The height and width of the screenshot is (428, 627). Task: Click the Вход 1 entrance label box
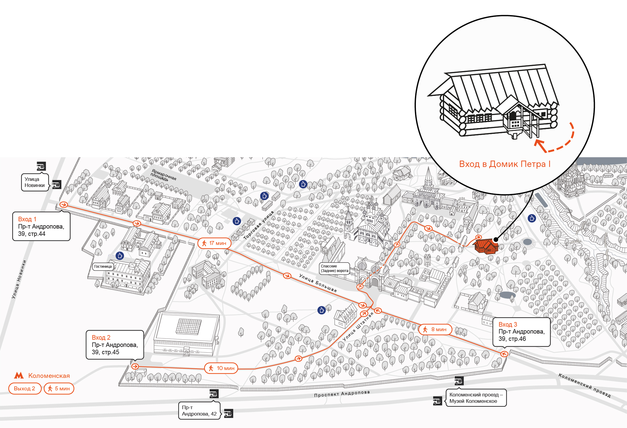point(41,226)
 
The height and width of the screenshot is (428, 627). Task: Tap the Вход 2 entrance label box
point(115,345)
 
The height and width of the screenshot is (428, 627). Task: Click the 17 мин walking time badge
point(214,243)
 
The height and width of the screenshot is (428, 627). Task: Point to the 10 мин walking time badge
point(221,368)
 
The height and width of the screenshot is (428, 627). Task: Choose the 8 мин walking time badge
point(435,329)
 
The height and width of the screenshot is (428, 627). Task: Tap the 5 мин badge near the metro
point(59,389)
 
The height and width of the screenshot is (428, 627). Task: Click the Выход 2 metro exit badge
point(25,389)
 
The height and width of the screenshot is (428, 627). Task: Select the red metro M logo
point(19,375)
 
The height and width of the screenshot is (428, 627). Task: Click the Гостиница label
point(103,267)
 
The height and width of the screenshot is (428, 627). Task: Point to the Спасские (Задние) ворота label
point(335,268)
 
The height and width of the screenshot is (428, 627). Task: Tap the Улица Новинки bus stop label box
point(35,182)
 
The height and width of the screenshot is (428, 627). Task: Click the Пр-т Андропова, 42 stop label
point(199,411)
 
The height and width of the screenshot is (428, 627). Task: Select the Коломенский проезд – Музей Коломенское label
point(476,398)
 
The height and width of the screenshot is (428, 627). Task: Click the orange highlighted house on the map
point(486,246)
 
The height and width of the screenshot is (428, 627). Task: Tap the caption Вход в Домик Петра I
point(505,164)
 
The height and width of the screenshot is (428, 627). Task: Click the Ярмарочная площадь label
point(163,175)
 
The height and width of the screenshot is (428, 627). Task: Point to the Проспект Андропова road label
point(342,394)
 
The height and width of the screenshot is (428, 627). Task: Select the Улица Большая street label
point(318,283)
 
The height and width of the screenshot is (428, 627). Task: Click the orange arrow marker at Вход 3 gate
point(504,354)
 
